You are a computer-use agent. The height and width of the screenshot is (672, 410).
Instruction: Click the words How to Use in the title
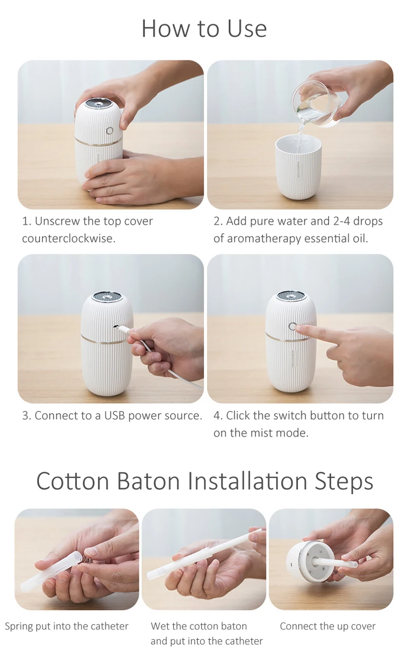point(204,29)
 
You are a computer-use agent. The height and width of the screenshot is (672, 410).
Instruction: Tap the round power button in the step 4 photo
point(292,326)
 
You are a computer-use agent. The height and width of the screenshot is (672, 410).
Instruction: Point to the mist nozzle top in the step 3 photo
point(107,297)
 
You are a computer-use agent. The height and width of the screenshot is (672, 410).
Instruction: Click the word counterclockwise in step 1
point(69,239)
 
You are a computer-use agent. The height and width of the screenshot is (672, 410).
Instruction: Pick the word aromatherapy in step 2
point(264,239)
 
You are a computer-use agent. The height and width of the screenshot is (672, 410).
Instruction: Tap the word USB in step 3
point(114,415)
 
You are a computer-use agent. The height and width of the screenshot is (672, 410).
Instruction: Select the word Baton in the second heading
point(148,481)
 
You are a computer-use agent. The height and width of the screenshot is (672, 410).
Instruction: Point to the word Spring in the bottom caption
point(18,627)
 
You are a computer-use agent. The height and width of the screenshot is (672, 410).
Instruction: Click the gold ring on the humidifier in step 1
point(98,140)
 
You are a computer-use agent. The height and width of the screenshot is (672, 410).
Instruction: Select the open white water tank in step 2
point(299,167)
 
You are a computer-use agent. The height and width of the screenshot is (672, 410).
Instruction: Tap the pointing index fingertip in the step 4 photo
point(299,329)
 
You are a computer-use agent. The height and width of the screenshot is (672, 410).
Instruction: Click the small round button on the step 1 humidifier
point(110,131)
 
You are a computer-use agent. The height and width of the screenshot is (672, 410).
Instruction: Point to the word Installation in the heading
point(248,481)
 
